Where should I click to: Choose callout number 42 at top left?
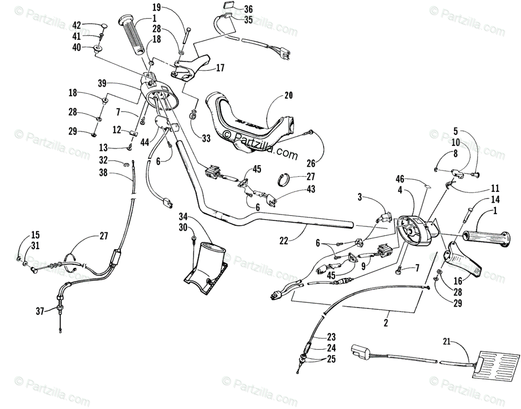pos(76,25)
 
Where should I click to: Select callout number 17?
pos(220,68)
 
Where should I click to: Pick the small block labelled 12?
pos(134,133)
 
